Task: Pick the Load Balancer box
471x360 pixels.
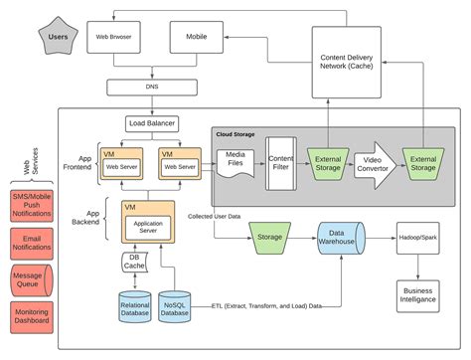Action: [152, 124]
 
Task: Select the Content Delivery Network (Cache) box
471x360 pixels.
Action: [349, 62]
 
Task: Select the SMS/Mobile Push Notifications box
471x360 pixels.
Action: [31, 205]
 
